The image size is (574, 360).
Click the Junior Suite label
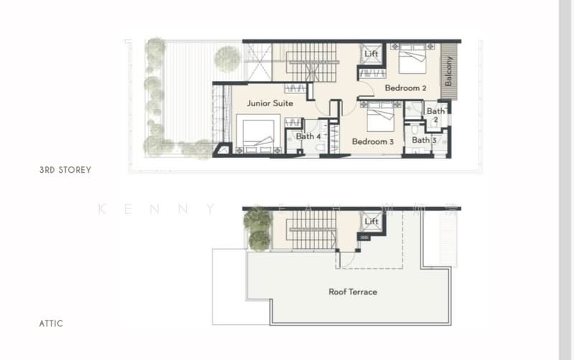(x=270, y=103)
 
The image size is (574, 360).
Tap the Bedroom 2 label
(x=405, y=88)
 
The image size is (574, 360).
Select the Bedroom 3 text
(x=372, y=142)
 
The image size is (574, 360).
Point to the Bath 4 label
(x=309, y=136)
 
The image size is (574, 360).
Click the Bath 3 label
(x=424, y=141)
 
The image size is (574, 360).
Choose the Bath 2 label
(x=436, y=115)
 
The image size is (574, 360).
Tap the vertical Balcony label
(x=448, y=72)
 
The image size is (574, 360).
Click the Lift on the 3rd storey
(x=371, y=55)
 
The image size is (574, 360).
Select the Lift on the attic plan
(x=371, y=222)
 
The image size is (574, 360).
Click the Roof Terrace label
(x=352, y=292)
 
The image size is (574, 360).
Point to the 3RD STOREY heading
(x=65, y=171)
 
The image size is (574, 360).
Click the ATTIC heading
(x=51, y=323)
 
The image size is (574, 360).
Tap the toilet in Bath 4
(x=319, y=148)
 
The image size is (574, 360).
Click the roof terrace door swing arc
(x=346, y=260)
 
